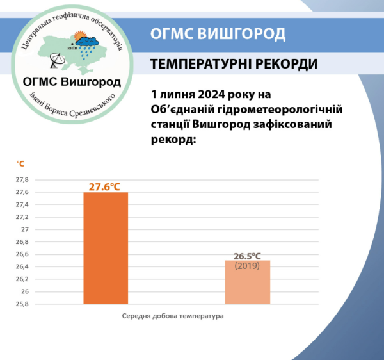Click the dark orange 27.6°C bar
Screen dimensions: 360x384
tap(106, 248)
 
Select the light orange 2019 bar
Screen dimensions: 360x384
tap(246, 282)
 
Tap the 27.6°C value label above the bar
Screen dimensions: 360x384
tap(105, 186)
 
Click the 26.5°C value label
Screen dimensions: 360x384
tap(247, 256)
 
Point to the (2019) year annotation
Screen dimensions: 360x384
tap(247, 265)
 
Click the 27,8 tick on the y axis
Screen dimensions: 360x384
tap(22, 179)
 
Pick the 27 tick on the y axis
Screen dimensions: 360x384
tap(26, 229)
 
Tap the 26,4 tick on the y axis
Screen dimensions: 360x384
tap(22, 266)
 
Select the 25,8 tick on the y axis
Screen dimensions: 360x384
tap(22, 304)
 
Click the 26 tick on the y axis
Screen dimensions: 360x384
tap(26, 291)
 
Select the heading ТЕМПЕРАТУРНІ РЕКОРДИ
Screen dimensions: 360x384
tap(234, 65)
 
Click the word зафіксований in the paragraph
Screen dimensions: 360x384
tap(298, 124)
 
